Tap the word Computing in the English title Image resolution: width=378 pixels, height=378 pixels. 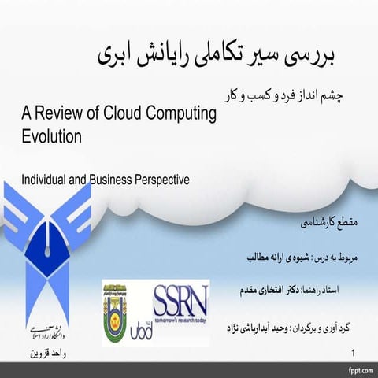click(177, 114)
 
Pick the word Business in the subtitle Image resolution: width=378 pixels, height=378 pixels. click(109, 180)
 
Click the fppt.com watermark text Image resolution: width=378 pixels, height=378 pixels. click(356, 369)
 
